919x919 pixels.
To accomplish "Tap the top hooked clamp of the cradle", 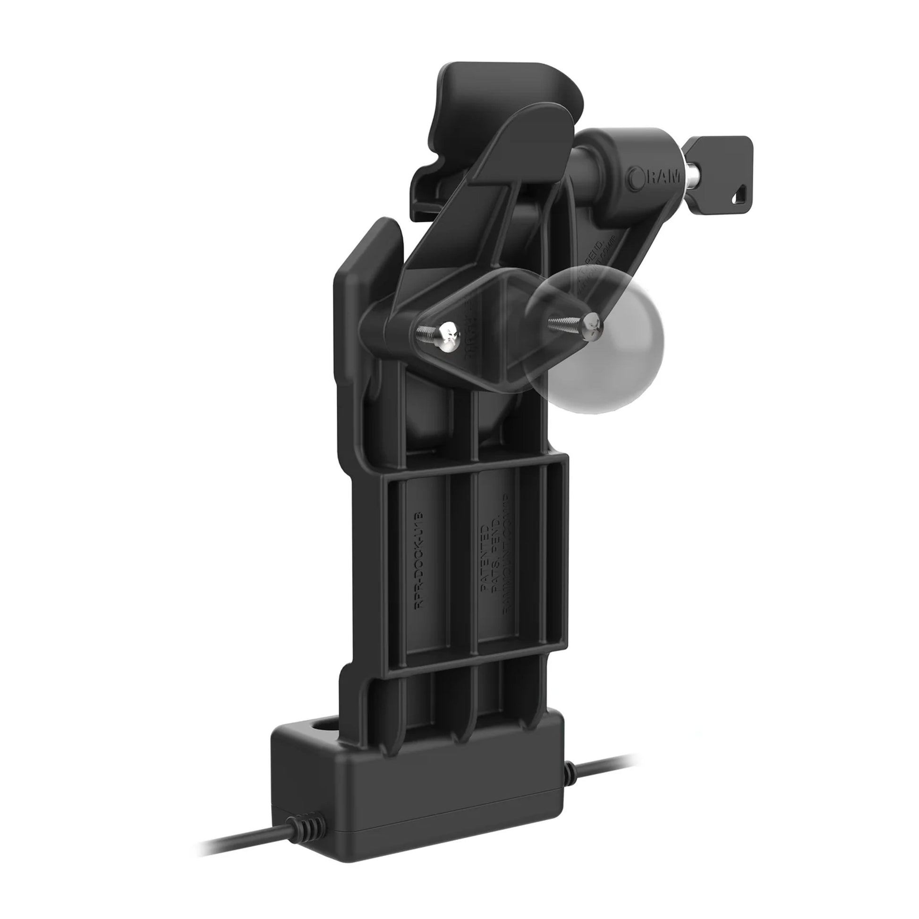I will click(495, 90).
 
